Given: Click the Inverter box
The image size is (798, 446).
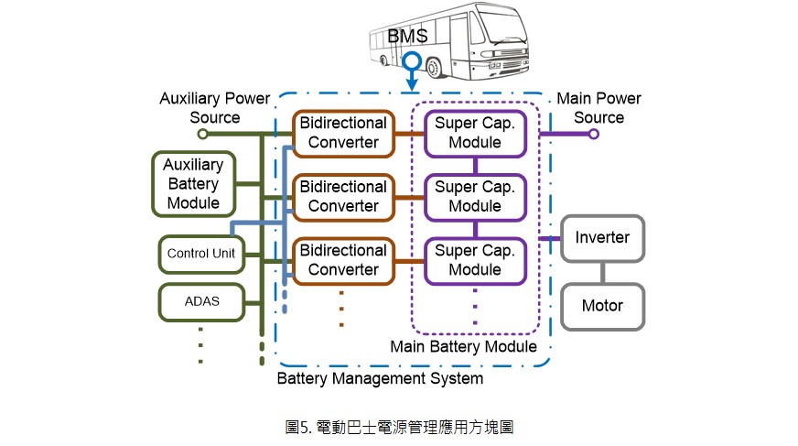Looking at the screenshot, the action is (602, 238).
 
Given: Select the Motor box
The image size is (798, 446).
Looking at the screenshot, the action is (602, 307).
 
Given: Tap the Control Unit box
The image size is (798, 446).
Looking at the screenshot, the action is (201, 254).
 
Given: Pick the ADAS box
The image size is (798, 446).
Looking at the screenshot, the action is (201, 302).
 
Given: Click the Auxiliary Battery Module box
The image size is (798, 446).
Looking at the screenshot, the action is (193, 184).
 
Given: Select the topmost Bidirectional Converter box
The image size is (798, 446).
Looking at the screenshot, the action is (343, 134).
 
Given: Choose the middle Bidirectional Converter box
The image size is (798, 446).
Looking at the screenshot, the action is (343, 197).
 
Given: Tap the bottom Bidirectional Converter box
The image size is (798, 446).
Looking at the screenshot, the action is (343, 261).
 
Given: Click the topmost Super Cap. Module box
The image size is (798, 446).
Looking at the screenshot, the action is (475, 134).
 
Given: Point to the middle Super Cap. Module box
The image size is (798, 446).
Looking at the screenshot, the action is (475, 197).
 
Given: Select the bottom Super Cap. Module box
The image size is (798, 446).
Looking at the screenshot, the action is (475, 261).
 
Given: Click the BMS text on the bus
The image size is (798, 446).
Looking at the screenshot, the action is (407, 36).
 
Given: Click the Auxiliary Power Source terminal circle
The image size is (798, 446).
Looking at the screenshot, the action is (202, 134).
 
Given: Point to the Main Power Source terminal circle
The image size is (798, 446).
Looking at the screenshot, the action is (593, 134).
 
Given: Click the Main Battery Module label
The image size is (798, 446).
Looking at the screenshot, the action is (464, 347).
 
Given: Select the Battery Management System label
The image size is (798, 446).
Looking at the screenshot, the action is (380, 379).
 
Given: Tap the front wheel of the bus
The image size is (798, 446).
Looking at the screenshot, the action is (434, 68).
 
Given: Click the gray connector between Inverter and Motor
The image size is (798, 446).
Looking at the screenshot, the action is (602, 273).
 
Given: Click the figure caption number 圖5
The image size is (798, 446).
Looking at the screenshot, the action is (298, 427).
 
